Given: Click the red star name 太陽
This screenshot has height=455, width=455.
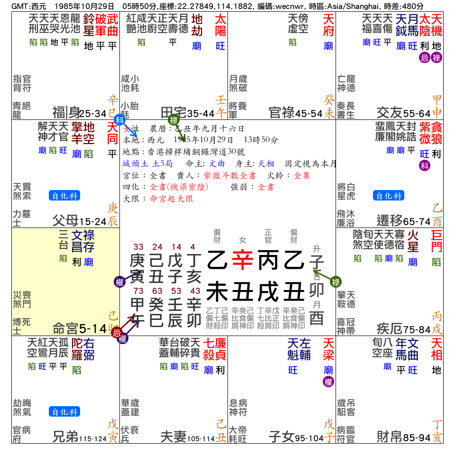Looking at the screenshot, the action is pyautogui.click(x=220, y=25).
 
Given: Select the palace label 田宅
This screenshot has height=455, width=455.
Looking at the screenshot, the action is pyautogui.click(x=173, y=113).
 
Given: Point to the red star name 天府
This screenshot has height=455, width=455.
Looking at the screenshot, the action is pyautogui.click(x=328, y=25).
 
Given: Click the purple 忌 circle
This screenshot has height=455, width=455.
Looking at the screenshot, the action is pyautogui.click(x=423, y=58).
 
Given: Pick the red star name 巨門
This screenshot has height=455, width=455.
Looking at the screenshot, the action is pyautogui.click(x=436, y=241).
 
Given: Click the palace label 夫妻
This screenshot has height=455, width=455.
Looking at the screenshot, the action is pyautogui.click(x=173, y=437).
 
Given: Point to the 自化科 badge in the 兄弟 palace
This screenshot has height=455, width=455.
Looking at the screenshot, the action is pyautogui.click(x=64, y=412).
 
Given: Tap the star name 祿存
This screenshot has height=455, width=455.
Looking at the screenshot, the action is pyautogui.click(x=88, y=241).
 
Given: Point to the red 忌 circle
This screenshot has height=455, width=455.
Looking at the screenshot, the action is pyautogui.click(x=117, y=332).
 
